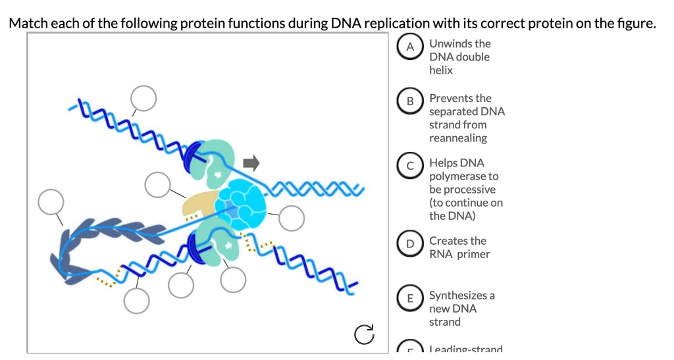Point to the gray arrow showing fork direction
point(251,162)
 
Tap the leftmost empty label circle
point(51,202)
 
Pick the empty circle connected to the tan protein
point(158,184)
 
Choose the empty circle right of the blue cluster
point(292,218)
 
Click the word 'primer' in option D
point(473,254)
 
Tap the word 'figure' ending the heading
point(638,24)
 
